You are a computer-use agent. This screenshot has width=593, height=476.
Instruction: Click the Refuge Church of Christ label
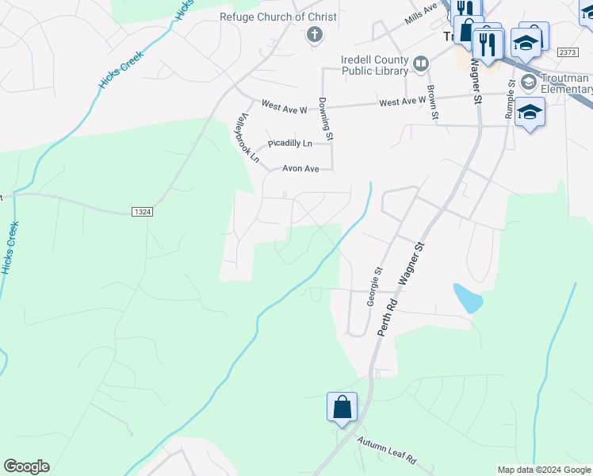pyautogui.click(x=278, y=17)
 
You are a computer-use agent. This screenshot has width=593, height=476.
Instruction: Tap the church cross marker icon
pyautogui.click(x=314, y=34)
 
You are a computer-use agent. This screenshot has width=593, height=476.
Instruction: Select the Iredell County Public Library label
pyautogui.click(x=374, y=64)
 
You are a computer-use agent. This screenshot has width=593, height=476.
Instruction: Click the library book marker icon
pyautogui.click(x=420, y=63)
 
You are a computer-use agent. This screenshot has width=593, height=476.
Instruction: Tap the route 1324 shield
pyautogui.click(x=140, y=212)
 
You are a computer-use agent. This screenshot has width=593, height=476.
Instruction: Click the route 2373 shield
pyautogui.click(x=568, y=52)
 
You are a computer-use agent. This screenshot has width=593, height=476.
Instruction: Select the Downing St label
pyautogui.click(x=325, y=115)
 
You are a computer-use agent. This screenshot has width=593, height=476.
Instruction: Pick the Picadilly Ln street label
pyautogui.click(x=289, y=144)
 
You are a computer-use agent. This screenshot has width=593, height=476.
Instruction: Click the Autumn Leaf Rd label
pyautogui.click(x=386, y=451)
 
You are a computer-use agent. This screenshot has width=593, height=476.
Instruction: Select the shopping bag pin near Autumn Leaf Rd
pyautogui.click(x=342, y=408)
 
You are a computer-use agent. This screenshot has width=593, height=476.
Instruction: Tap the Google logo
pyautogui.click(x=26, y=466)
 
